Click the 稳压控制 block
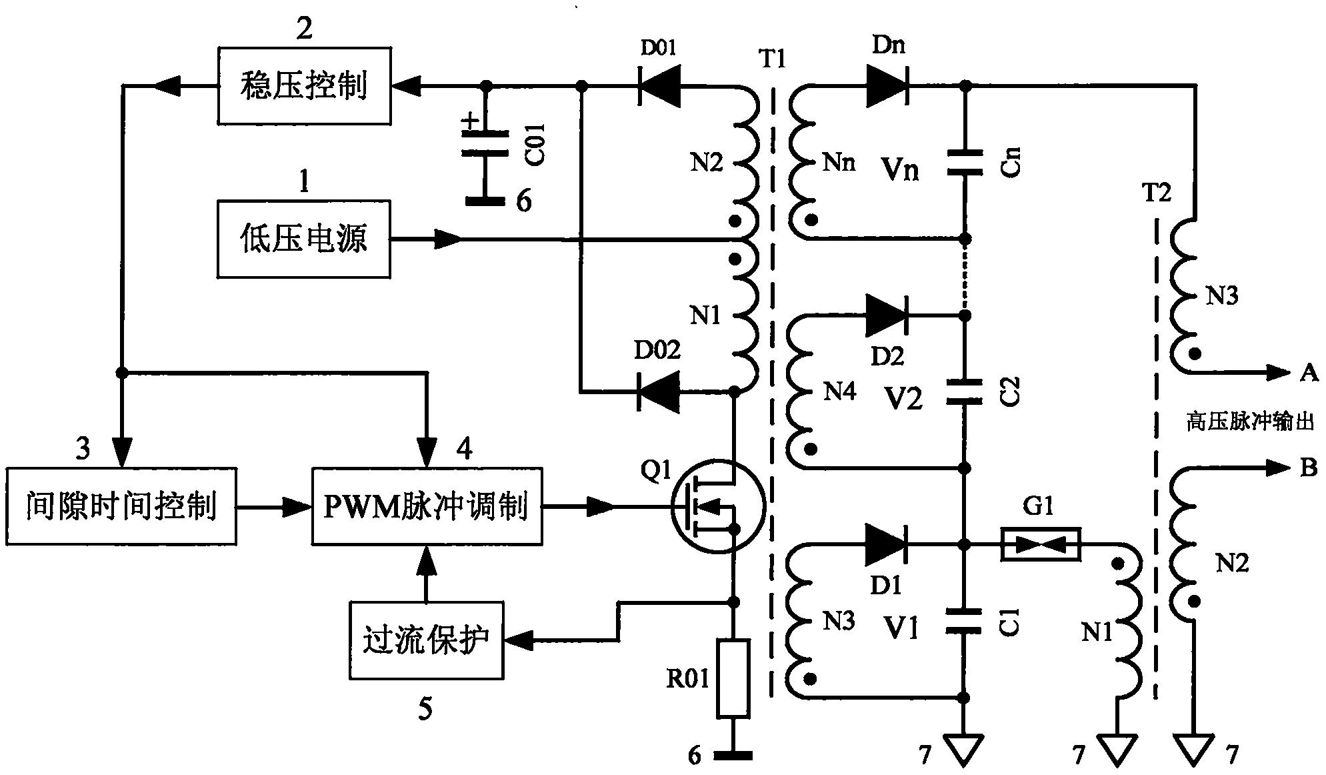click(x=304, y=85)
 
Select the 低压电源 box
click(x=304, y=239)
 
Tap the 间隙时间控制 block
click(x=121, y=506)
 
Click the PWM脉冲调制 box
click(x=427, y=506)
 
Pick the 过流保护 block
click(x=426, y=640)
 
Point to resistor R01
click(x=733, y=678)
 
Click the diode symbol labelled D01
click(x=659, y=86)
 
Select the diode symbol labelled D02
click(x=659, y=392)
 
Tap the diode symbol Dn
click(x=887, y=86)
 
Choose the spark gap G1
click(x=1040, y=544)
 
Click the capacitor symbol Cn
click(x=965, y=163)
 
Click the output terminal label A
click(x=1309, y=373)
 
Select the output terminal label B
click(x=1309, y=468)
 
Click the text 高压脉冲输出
click(x=1249, y=422)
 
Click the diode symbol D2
click(x=887, y=315)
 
